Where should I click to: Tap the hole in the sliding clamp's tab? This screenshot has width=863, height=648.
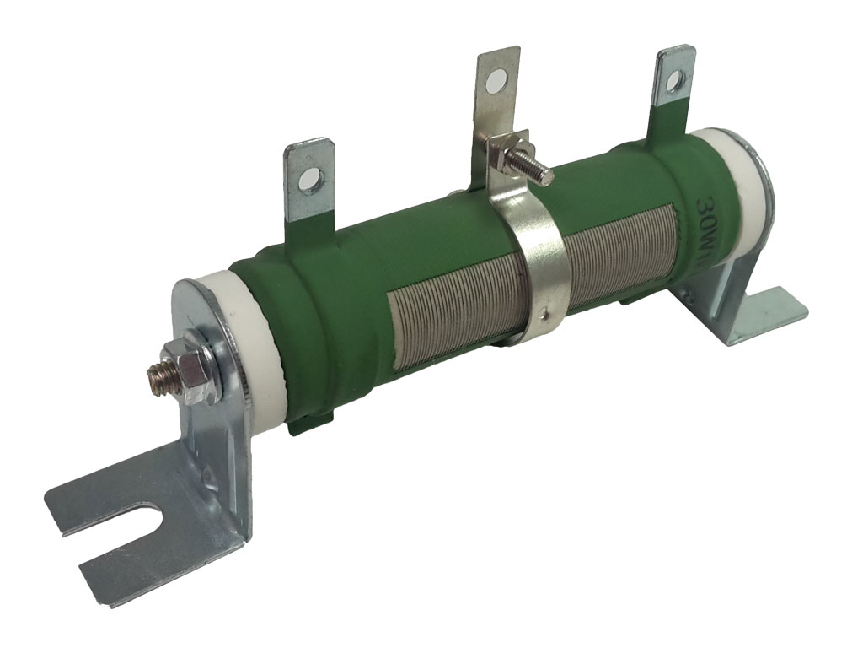point(494,83)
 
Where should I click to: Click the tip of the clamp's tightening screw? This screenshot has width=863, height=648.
point(547,176)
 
